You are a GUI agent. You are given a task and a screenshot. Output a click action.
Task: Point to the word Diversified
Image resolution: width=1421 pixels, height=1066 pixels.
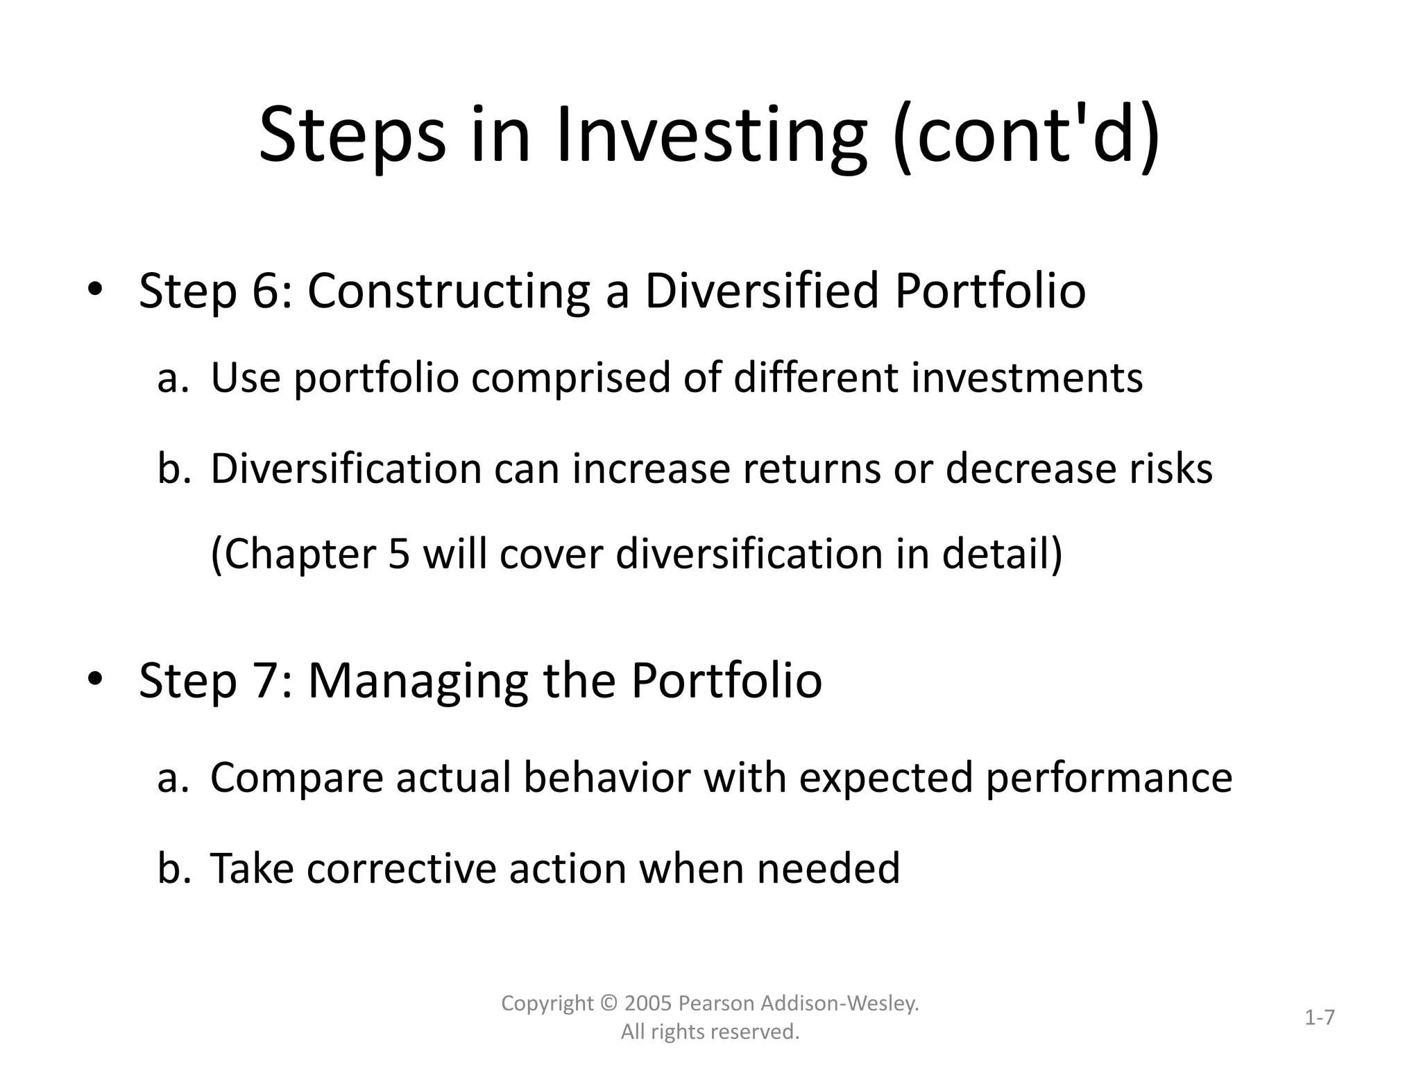pyautogui.click(x=761, y=290)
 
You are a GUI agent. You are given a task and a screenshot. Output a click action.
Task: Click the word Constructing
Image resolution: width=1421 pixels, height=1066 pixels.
pyautogui.click(x=448, y=291)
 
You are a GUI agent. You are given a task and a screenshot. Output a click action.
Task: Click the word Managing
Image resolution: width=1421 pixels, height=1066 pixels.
pyautogui.click(x=418, y=682)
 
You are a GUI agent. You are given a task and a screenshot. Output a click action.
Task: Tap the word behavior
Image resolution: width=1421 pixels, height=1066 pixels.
pyautogui.click(x=606, y=777)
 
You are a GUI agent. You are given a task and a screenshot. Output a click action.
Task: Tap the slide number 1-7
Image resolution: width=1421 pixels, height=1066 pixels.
pyautogui.click(x=1319, y=1018)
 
